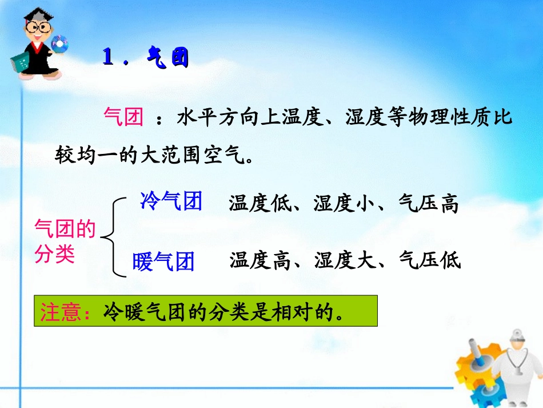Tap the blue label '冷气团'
tap(171, 201)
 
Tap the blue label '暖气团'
tap(163, 262)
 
